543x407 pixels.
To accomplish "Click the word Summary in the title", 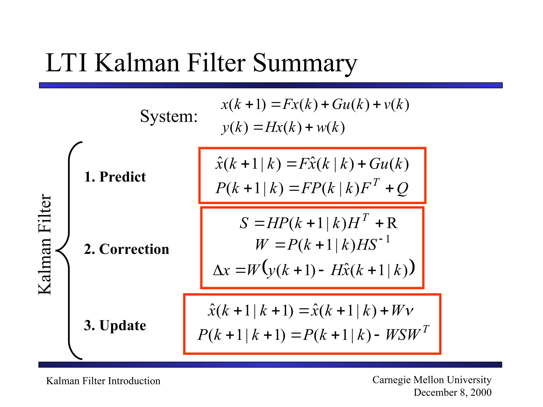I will [x=305, y=64].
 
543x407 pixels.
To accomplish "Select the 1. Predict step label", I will [x=115, y=177].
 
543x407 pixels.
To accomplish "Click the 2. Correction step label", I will [x=126, y=249].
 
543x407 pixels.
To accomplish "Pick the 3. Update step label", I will [x=115, y=325].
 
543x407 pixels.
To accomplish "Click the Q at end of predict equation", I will [x=402, y=189].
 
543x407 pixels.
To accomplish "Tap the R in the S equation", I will [x=392, y=223].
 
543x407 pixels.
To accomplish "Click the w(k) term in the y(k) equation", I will [x=330, y=128].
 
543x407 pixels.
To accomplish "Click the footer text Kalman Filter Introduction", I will [x=103, y=381].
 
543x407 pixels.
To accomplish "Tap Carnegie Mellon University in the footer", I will [x=432, y=380].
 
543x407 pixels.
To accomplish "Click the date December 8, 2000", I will [x=452, y=392].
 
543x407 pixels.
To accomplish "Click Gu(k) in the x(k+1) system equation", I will [x=351, y=104].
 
